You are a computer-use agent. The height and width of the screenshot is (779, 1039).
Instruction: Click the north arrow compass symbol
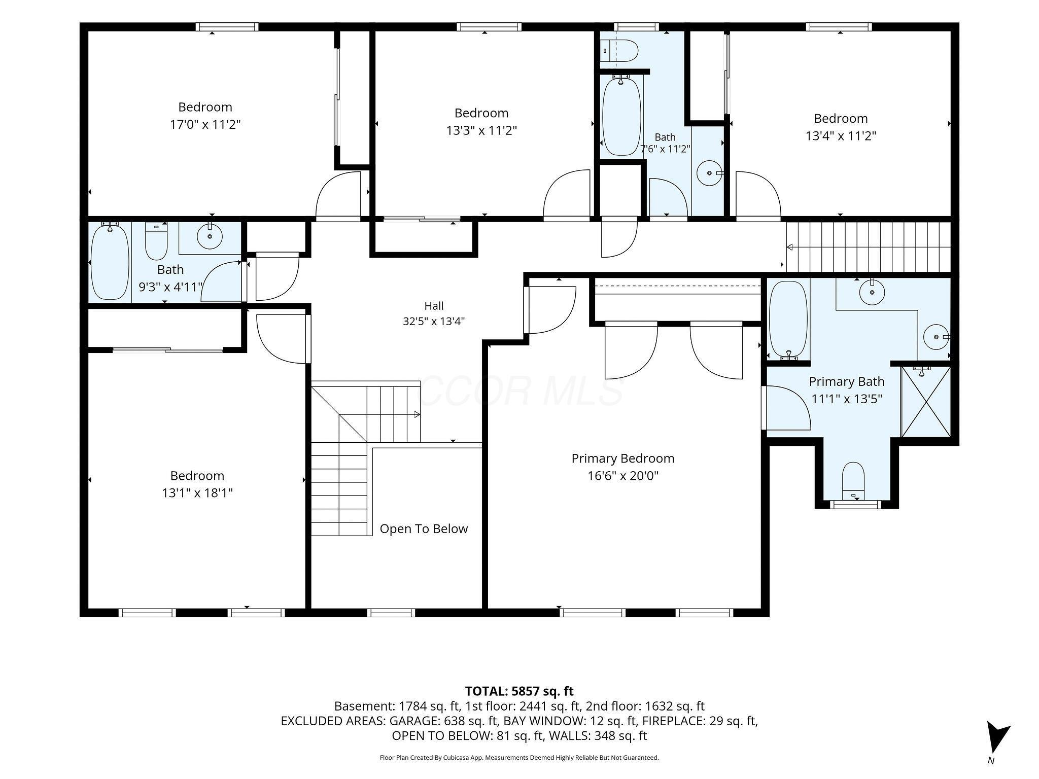(998, 739)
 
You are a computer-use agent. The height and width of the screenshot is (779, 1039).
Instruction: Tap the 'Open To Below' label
(424, 529)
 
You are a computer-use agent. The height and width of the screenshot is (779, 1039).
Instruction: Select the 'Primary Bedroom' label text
(623, 458)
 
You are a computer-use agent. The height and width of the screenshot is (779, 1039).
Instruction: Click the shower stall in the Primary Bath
(926, 401)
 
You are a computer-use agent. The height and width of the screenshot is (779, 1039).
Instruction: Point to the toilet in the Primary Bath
(853, 481)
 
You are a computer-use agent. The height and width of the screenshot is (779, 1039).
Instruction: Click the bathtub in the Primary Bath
(787, 320)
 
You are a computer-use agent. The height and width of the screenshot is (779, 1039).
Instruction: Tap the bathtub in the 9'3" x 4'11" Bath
(110, 262)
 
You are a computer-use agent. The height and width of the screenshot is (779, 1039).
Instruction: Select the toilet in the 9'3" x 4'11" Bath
(156, 241)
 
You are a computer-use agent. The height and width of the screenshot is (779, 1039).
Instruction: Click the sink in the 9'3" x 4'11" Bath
(209, 236)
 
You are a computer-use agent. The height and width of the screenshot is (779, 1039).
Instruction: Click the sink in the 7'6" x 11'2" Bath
(709, 173)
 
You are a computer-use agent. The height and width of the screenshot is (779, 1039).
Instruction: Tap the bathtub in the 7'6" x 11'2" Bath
(621, 116)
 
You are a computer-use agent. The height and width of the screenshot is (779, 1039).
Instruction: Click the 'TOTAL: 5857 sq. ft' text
(519, 691)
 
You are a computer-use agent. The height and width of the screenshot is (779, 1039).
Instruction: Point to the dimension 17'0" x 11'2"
(205, 125)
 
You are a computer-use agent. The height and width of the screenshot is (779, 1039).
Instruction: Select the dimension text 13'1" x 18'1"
(197, 493)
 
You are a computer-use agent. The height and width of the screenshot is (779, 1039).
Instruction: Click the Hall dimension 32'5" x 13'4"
(434, 321)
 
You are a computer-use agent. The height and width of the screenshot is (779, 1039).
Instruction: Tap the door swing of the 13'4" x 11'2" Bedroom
(758, 195)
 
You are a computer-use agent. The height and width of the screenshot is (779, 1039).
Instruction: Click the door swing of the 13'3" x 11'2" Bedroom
(566, 194)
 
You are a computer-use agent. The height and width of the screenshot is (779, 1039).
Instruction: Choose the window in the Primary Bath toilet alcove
(857, 505)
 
